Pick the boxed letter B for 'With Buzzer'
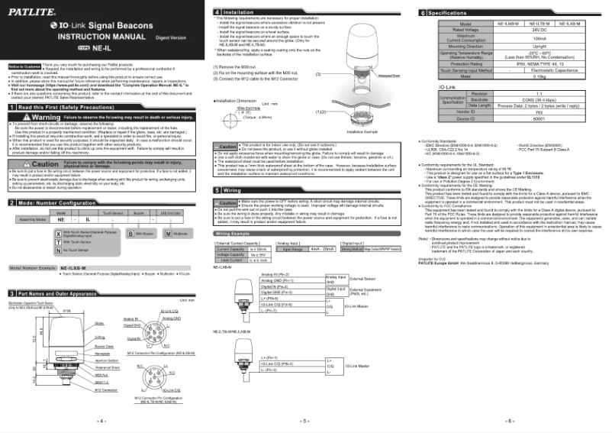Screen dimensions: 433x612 [130, 231]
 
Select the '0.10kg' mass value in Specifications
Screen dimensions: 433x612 [540, 76]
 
